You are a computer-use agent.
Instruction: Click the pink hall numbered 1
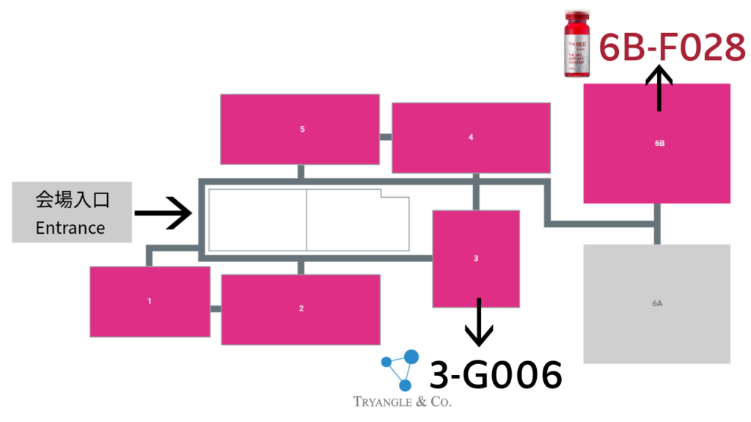coord(150,301)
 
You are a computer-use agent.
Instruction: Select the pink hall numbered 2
coord(301,308)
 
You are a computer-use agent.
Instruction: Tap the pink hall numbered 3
coord(476,259)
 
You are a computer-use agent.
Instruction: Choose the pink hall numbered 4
coord(471,138)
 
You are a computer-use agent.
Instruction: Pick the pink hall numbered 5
coord(301,130)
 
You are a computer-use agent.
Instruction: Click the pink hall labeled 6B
coord(657,144)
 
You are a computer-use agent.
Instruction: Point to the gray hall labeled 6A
coord(657,303)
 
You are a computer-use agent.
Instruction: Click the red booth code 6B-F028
coord(672,49)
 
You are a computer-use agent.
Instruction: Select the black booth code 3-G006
coord(496,376)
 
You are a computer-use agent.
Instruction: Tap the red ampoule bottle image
coord(577,44)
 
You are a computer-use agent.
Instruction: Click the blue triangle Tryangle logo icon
coord(400,369)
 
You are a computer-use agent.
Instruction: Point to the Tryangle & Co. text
coord(403,401)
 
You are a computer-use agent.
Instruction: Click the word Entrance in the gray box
coord(70,228)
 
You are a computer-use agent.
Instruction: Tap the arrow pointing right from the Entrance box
coord(163,213)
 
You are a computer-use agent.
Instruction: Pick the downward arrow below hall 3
coord(479,322)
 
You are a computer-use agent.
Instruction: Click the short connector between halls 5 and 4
coord(386,136)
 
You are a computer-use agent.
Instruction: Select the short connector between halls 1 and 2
coord(216,308)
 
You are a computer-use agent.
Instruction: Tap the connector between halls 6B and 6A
coord(657,223)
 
